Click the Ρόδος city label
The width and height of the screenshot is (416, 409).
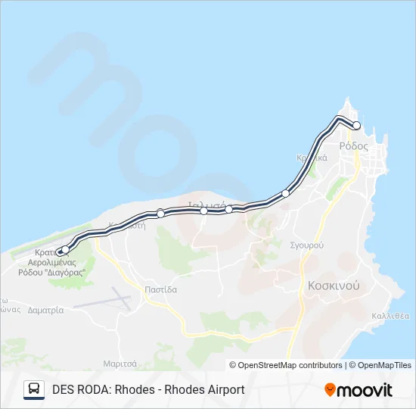[353, 145]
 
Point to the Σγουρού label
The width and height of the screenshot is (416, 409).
[307, 245]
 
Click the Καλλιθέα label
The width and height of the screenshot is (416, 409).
[390, 316]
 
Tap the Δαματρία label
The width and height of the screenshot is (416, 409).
[45, 310]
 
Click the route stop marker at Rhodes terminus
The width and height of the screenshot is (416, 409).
[357, 126]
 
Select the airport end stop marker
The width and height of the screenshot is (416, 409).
[65, 249]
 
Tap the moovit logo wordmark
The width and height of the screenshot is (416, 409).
[365, 390]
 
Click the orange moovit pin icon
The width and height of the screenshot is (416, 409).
[330, 390]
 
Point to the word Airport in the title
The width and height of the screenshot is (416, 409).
[223, 390]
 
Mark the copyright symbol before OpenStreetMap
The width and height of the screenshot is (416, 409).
[233, 365]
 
